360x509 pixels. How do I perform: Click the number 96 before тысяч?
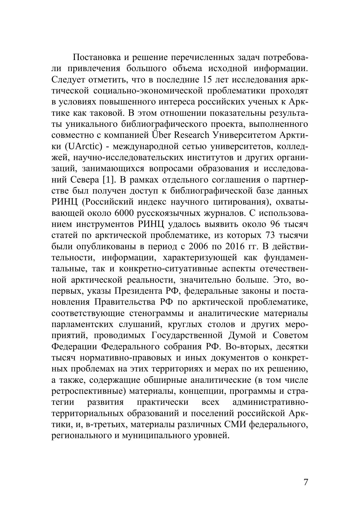click(276, 224)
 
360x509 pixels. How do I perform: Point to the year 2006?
click(199, 247)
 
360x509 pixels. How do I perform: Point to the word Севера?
click(85, 180)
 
